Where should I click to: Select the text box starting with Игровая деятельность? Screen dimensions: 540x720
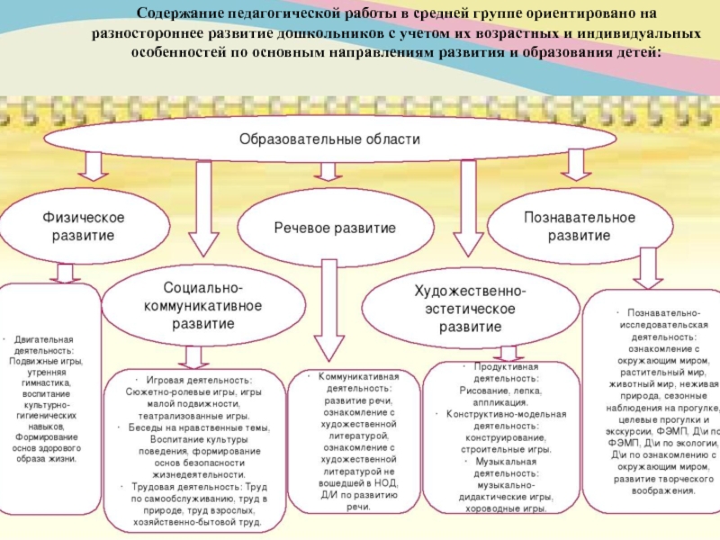tap(193, 450)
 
